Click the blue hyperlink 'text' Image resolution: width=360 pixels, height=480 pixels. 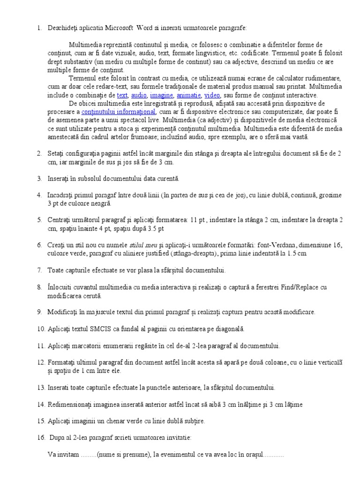pyautogui.click(x=122, y=95)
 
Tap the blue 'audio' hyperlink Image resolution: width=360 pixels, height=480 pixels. pyautogui.click(x=139, y=95)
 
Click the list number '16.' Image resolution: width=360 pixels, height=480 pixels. pyautogui.click(x=41, y=437)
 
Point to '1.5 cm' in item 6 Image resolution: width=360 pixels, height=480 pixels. pyautogui.click(x=296, y=254)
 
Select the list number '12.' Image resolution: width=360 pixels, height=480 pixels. pyautogui.click(x=41, y=362)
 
